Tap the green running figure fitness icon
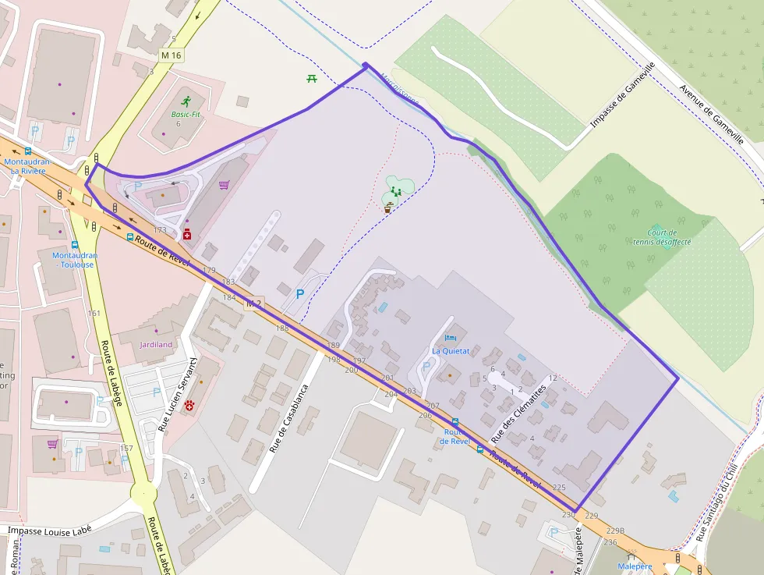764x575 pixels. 186,101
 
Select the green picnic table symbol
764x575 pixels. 312,78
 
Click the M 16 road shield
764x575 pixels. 171,55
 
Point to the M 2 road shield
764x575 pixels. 253,303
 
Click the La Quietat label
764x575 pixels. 451,350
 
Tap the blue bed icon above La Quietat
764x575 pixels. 450,338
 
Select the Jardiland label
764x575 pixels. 156,344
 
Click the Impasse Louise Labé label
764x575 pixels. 50,530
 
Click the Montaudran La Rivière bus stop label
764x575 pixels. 27,166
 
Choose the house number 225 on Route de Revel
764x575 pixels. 558,487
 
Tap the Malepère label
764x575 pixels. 634,566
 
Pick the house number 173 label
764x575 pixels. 161,230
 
